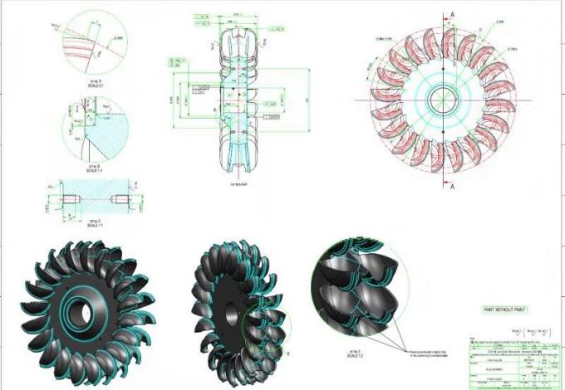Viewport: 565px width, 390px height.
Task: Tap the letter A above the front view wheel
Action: tap(451, 13)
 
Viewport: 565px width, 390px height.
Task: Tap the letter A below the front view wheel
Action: tap(451, 188)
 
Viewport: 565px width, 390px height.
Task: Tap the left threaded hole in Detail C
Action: tap(72, 198)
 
